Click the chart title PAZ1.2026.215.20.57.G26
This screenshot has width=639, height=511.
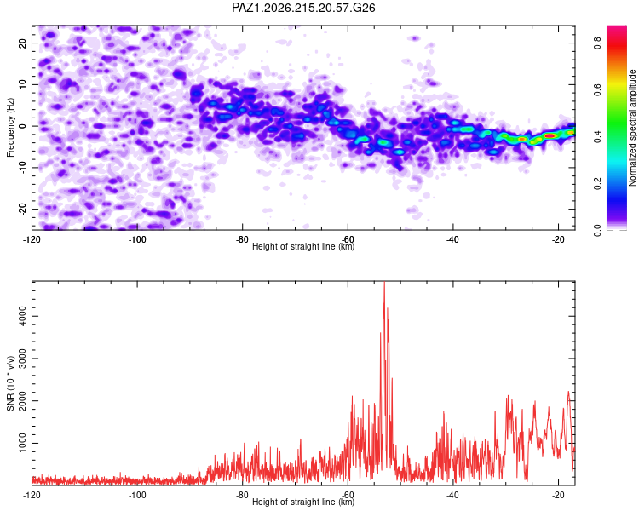coord(303,8)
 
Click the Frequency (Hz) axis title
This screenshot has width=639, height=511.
coord(10,128)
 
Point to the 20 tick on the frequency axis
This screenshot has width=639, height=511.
coord(22,43)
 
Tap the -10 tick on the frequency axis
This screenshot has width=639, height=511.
coord(22,167)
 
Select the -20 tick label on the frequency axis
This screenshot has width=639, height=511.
coord(22,209)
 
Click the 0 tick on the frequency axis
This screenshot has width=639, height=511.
coord(22,126)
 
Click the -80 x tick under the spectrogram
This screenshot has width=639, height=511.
coord(242,239)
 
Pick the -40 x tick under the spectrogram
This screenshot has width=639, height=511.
coord(452,239)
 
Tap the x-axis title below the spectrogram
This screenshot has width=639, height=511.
coord(303,246)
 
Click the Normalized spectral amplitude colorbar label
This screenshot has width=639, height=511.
coord(632,128)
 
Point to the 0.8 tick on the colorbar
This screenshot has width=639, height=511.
coord(598,43)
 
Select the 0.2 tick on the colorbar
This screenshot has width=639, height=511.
coord(598,183)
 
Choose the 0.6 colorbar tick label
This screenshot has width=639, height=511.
coord(598,89)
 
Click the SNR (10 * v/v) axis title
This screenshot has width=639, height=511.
coord(10,383)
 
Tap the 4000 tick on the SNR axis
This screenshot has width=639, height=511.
coord(22,316)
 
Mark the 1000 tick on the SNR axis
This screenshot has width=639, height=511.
coord(22,443)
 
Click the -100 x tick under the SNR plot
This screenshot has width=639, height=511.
coord(137,495)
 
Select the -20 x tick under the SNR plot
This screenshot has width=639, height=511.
coord(558,495)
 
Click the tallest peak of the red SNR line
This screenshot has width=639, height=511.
coord(384,282)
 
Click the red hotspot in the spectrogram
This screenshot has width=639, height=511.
coord(550,135)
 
